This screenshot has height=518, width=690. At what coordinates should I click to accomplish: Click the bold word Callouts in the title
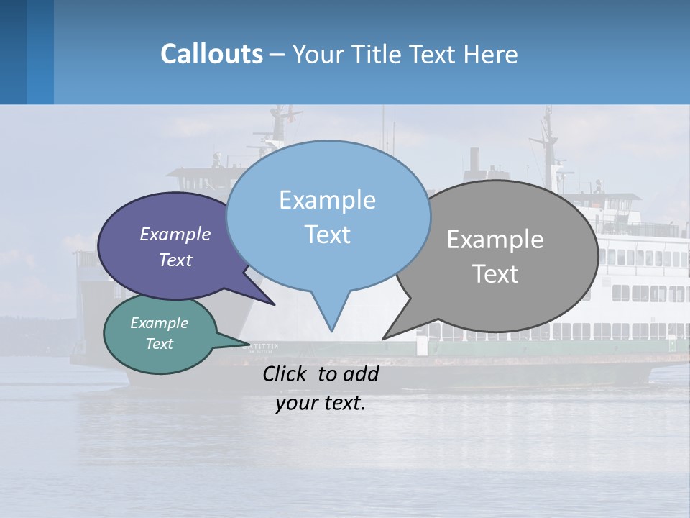[x=211, y=54]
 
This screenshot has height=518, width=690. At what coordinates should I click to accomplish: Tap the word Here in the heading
[x=491, y=54]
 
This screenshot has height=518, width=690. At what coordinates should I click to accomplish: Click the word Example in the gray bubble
[x=495, y=240]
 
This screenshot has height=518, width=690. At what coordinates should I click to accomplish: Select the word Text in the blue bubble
[x=328, y=235]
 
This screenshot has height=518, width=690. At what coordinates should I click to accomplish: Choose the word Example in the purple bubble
[x=175, y=235]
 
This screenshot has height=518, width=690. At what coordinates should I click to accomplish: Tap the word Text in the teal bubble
[x=160, y=344]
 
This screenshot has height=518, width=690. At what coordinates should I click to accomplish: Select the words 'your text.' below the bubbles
[x=321, y=403]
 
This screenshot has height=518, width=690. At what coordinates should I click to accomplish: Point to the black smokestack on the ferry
[x=474, y=159]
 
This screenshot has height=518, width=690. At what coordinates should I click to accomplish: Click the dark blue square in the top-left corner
[x=13, y=52]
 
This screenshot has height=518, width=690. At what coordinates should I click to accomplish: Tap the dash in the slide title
[x=278, y=55]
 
